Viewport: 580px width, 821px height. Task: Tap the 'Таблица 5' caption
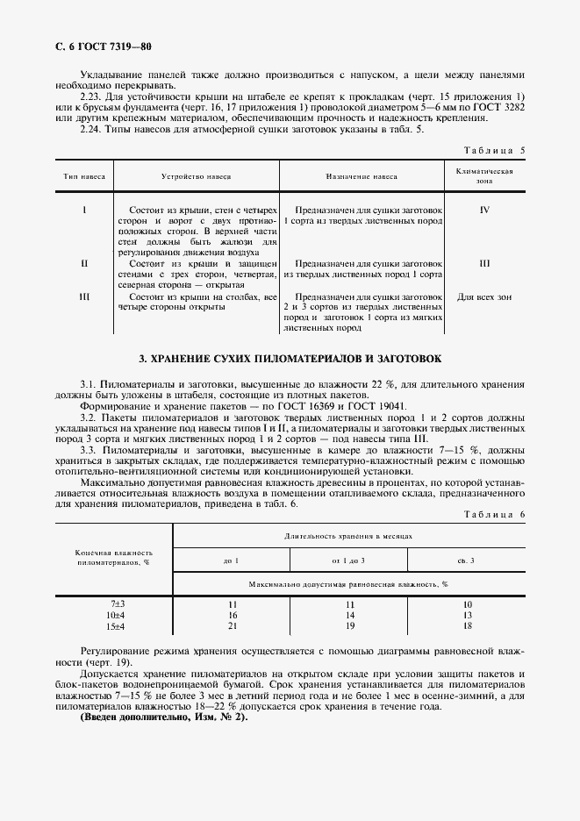pos(494,150)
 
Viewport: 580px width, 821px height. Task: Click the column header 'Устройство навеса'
pos(196,176)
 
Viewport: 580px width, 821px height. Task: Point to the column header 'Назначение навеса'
pos(362,176)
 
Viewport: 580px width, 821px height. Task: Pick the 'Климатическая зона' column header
pos(484,176)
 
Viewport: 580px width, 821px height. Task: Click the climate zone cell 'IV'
pos(484,211)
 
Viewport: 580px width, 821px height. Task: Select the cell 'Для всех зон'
pos(484,296)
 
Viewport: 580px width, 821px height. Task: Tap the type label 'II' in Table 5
pos(84,262)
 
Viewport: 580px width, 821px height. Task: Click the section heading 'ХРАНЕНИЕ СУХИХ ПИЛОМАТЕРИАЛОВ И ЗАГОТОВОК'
pos(291,360)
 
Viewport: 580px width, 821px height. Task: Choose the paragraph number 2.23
pos(90,96)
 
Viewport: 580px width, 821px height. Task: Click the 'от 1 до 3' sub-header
pos(348,560)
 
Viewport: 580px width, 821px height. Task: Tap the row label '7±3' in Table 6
pos(118,605)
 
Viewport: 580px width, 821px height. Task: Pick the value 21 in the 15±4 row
pos(233,626)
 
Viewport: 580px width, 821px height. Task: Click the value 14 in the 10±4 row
pos(348,616)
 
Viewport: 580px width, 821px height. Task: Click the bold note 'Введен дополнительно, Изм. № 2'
pos(164,717)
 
